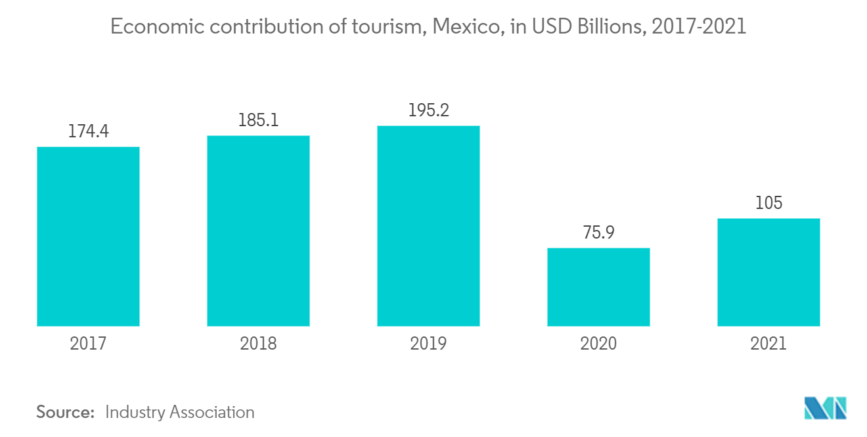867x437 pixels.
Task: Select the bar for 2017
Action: pyautogui.click(x=88, y=236)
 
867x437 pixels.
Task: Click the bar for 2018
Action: pyautogui.click(x=258, y=231)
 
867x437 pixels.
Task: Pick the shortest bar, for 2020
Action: pyautogui.click(x=598, y=287)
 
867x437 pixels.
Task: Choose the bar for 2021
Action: pyautogui.click(x=768, y=272)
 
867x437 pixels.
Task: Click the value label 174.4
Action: pyautogui.click(x=88, y=132)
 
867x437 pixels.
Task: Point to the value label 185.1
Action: pyautogui.click(x=258, y=121)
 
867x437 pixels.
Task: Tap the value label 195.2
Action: pyautogui.click(x=428, y=111)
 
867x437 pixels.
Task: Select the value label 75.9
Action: pyautogui.click(x=598, y=233)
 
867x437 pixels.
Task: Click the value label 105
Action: pyautogui.click(x=768, y=203)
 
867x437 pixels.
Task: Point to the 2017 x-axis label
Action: pyautogui.click(x=88, y=343)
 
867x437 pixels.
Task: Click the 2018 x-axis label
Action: pyautogui.click(x=258, y=343)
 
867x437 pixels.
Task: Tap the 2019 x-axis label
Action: pyautogui.click(x=428, y=343)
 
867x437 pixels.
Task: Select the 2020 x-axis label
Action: pyautogui.click(x=598, y=343)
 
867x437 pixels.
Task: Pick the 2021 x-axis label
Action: pyautogui.click(x=768, y=343)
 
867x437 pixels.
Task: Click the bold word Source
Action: pyautogui.click(x=66, y=412)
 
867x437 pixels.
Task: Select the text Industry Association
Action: pyautogui.click(x=179, y=412)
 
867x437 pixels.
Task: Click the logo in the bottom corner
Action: pyautogui.click(x=825, y=408)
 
